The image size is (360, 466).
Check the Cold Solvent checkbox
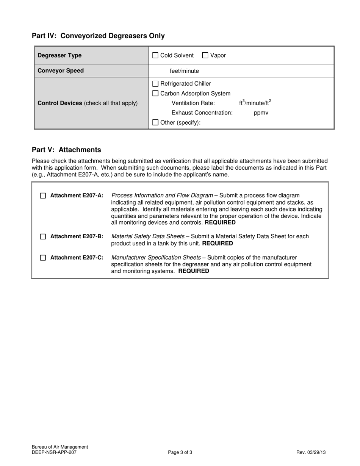pyautogui.click(x=155, y=55)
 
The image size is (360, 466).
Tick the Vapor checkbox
pyautogui.click(x=205, y=55)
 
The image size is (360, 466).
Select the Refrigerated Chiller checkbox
pyautogui.click(x=155, y=84)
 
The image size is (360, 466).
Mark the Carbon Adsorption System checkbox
pyautogui.click(x=155, y=94)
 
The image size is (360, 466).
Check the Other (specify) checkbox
pyautogui.click(x=155, y=122)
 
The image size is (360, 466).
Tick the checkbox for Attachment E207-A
pyautogui.click(x=43, y=196)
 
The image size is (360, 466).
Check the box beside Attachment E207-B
pyautogui.click(x=43, y=236)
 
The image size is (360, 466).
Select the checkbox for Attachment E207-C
pyautogui.click(x=43, y=258)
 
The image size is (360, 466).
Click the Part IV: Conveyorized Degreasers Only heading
pyautogui.click(x=98, y=36)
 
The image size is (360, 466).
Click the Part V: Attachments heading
pyautogui.click(x=66, y=150)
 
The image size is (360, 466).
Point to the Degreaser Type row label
pyautogui.click(x=59, y=55)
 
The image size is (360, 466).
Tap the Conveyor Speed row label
pyautogui.click(x=61, y=71)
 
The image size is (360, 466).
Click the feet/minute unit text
pyautogui.click(x=184, y=71)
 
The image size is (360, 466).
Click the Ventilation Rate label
pyautogui.click(x=193, y=103)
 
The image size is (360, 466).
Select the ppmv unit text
pyautogui.click(x=261, y=113)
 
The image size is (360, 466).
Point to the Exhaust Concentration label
pyautogui.click(x=202, y=113)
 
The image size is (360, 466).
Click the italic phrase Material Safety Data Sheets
pyautogui.click(x=148, y=236)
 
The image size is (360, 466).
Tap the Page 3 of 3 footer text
pyautogui.click(x=180, y=452)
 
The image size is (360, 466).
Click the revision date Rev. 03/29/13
pyautogui.click(x=311, y=452)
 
